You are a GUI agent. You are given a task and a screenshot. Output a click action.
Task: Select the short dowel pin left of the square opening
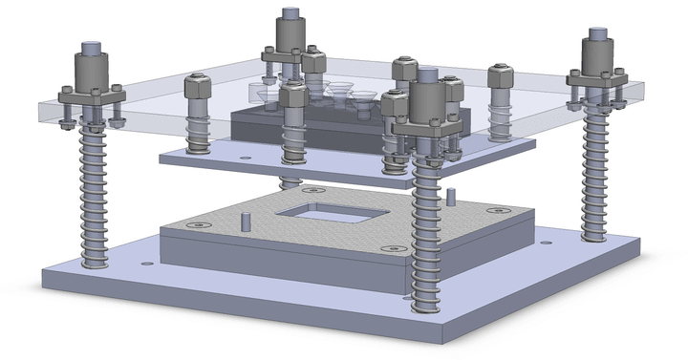pyautogui.click(x=246, y=222)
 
